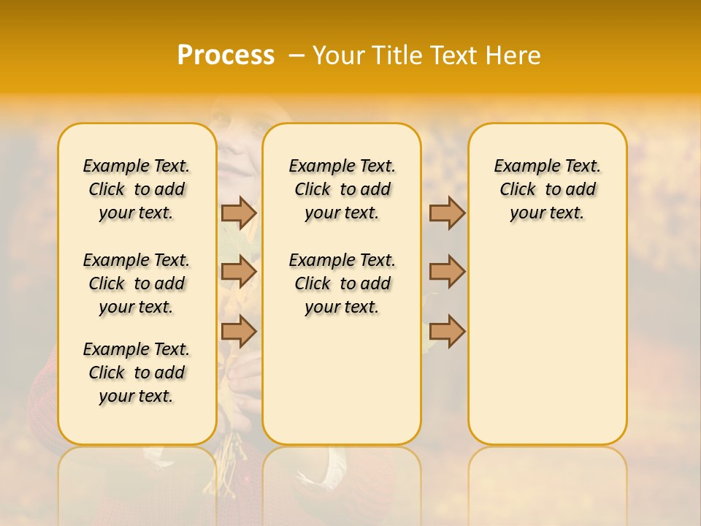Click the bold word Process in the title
tap(226, 55)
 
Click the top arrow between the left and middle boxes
tap(238, 213)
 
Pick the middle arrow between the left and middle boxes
tap(238, 272)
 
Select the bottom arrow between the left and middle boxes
tap(238, 331)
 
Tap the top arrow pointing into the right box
tap(447, 213)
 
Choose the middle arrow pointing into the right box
tap(447, 272)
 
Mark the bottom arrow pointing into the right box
tap(447, 331)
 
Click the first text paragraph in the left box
tap(137, 189)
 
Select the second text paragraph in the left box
tap(137, 283)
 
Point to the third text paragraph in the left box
tap(137, 373)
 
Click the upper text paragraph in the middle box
tap(342, 189)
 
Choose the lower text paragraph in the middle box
tap(342, 283)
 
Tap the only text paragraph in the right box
tap(547, 189)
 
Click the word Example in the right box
tap(520, 167)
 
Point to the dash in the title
tap(296, 56)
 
